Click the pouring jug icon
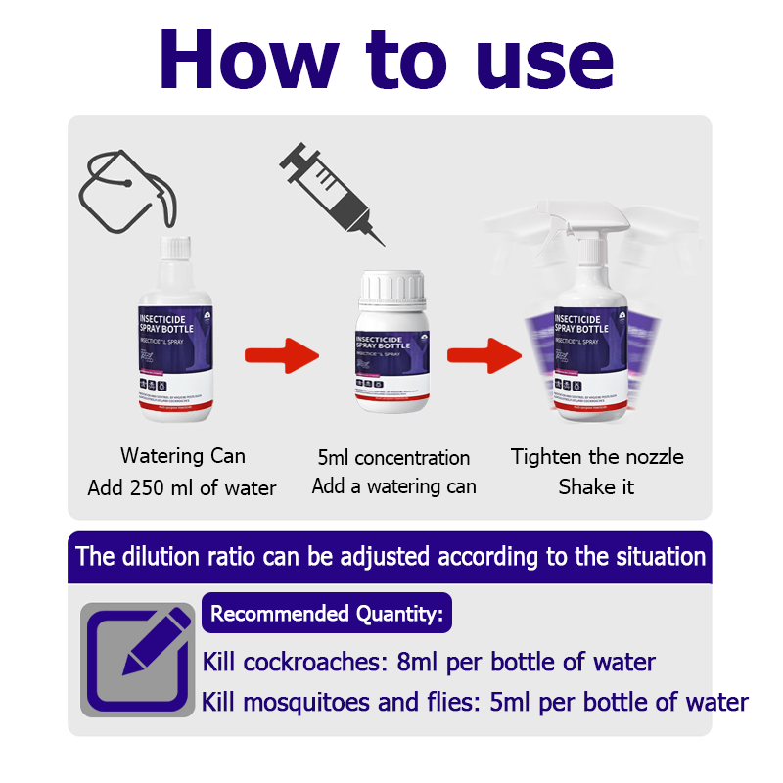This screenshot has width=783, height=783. click(124, 192)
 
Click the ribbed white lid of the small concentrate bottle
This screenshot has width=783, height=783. click(391, 288)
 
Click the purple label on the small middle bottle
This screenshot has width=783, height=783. click(391, 357)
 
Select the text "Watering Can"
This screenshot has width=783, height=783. click(183, 456)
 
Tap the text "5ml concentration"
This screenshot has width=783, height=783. click(393, 457)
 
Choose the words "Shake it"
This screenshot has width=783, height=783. click(597, 487)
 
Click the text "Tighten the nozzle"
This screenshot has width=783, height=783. click(597, 456)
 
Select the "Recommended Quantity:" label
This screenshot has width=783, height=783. click(327, 615)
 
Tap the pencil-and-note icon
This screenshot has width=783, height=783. click(137, 658)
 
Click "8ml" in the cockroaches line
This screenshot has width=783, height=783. click(419, 663)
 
